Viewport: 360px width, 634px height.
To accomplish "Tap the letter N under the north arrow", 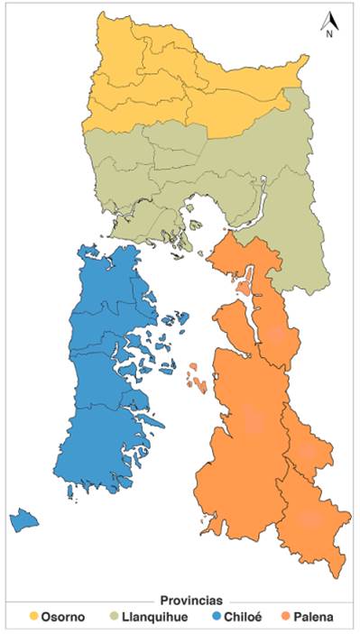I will tap(330, 34).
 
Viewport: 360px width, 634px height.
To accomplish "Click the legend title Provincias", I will tap(191, 601).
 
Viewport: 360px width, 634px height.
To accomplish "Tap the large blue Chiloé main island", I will tap(99, 379).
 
